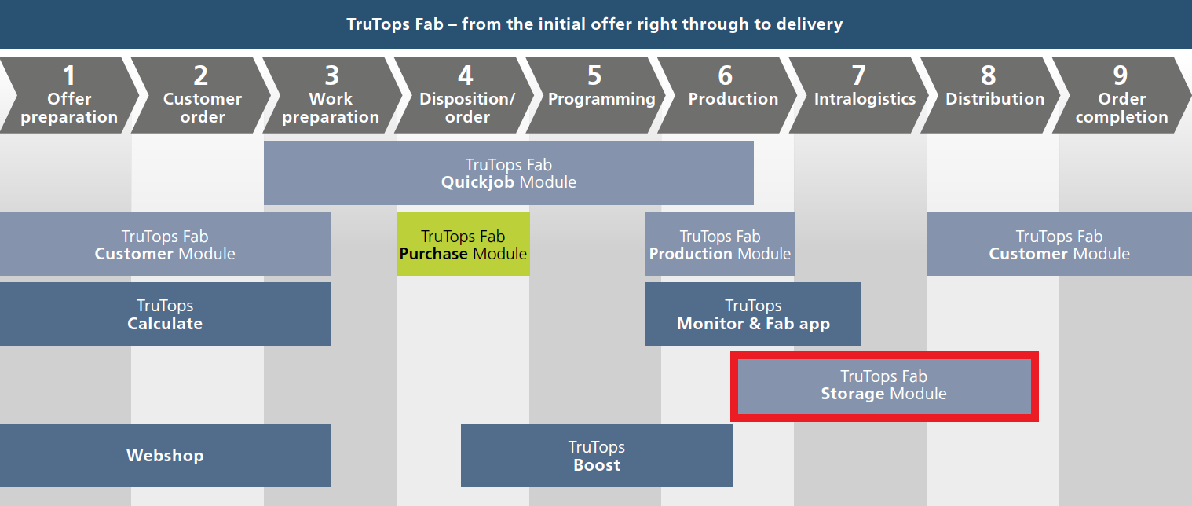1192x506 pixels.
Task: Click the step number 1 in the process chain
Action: click(69, 75)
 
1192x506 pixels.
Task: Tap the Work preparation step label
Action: click(331, 108)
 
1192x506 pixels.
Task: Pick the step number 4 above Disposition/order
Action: click(466, 75)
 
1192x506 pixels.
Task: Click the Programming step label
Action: click(601, 99)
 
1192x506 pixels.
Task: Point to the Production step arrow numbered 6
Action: click(728, 95)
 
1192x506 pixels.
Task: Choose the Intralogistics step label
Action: click(865, 98)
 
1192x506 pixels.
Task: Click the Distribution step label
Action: click(995, 98)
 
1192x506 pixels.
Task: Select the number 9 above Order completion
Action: click(1121, 75)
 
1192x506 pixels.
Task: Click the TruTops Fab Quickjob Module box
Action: click(509, 173)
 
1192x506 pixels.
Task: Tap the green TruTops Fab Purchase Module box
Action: click(463, 244)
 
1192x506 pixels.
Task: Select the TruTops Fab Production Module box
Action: click(720, 244)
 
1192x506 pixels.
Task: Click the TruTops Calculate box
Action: click(166, 313)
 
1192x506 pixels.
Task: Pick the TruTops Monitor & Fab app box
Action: click(753, 313)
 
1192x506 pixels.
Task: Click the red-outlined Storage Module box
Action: click(884, 386)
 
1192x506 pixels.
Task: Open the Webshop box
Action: click(166, 456)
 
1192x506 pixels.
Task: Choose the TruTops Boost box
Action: click(597, 456)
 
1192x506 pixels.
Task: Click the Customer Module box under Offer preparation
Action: click(166, 244)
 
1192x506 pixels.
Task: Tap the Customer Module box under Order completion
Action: click(1059, 244)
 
